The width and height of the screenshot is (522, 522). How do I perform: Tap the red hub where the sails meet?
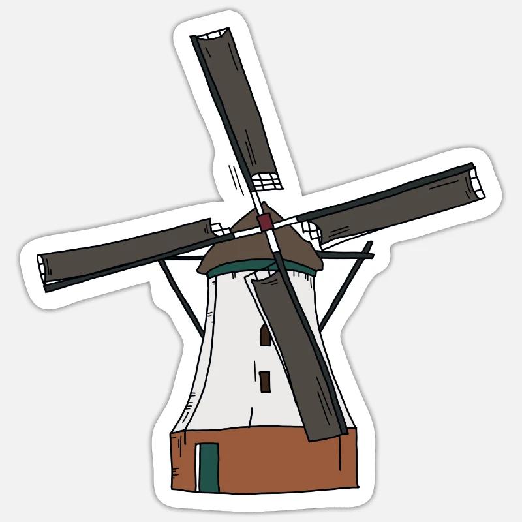pos(264,222)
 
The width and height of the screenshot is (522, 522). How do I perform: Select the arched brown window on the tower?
pos(266,335)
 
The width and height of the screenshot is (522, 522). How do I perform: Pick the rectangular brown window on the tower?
pos(265,382)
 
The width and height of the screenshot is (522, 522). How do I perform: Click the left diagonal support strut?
pos(181,297)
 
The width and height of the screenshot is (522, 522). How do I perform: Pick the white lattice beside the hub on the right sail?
pos(308,229)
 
